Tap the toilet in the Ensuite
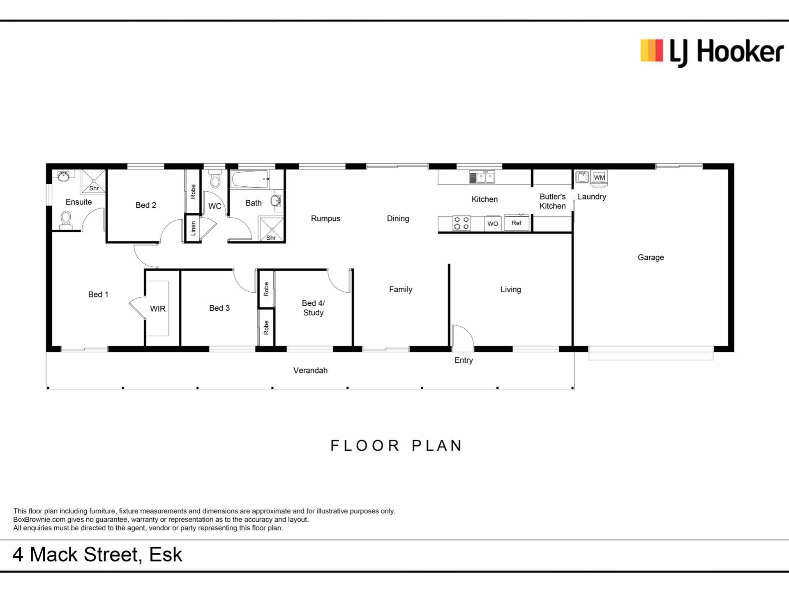pos(66,220)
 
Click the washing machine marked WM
pos(599,177)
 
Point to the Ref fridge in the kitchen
pos(517,222)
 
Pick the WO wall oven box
pos(493,224)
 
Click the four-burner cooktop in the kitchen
pos(461,223)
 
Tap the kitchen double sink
pos(482,177)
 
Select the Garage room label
pos(651,257)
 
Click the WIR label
pos(158,309)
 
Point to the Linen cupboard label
pos(193,229)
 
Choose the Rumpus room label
pos(325,218)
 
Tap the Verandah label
pos(310,370)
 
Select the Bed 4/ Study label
pos(313,308)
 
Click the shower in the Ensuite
pos(93,181)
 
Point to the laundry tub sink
pos(582,177)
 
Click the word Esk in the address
pos(166,554)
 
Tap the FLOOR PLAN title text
pos(397,446)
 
